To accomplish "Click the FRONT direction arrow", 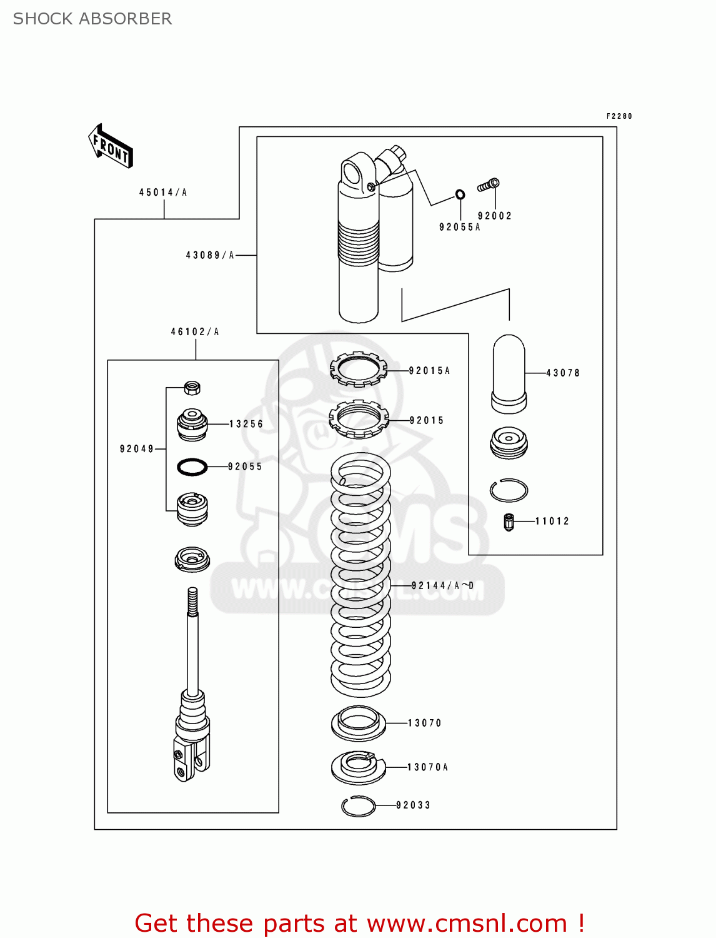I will click(x=111, y=146).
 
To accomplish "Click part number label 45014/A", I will click(x=163, y=193).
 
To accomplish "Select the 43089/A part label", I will click(x=210, y=255).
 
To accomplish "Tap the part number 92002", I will click(x=495, y=216).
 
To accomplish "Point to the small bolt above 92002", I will click(x=489, y=185).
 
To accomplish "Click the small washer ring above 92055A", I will click(x=460, y=194).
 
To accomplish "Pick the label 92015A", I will click(x=429, y=371).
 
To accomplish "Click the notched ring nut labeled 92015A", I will click(x=358, y=370).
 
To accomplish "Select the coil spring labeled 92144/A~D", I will click(x=360, y=575).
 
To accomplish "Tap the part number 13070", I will click(x=425, y=723).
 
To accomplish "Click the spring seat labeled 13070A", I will click(x=359, y=767).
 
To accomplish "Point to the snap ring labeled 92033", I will click(x=359, y=806).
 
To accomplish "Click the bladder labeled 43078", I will click(x=509, y=374).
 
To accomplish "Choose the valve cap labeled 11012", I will click(x=509, y=522).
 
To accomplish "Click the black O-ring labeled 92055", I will click(x=192, y=466).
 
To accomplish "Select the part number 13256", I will click(x=246, y=424).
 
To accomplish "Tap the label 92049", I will click(x=137, y=449).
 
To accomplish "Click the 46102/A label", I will click(x=195, y=332).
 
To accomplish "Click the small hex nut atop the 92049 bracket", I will click(x=192, y=388).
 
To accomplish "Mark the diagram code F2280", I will click(x=619, y=116).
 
